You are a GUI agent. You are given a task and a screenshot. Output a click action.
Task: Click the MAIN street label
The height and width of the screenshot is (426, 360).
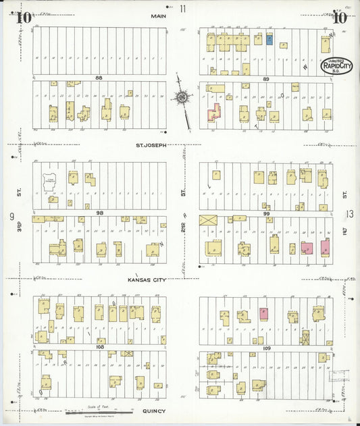[x=159, y=16]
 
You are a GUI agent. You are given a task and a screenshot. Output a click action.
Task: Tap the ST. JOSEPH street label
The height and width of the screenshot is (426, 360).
[x=151, y=144]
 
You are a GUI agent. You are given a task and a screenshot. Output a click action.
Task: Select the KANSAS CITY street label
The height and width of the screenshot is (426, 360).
[x=147, y=278]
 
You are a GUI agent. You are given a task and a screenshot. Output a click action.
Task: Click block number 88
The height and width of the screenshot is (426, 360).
[x=99, y=78]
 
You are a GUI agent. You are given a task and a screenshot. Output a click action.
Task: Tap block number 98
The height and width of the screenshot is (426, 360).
[x=99, y=213]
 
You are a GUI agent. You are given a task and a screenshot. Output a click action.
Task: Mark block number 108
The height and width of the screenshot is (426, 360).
[x=99, y=346]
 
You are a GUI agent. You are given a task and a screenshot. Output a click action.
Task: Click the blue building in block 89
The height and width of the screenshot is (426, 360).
[x=269, y=40]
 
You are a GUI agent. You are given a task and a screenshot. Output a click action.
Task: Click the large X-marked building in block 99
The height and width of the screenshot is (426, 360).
[x=207, y=220]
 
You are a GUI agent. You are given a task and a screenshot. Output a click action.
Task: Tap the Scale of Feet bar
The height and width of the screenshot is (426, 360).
[x=99, y=411]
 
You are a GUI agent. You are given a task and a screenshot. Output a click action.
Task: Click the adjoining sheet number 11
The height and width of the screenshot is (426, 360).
[x=183, y=8]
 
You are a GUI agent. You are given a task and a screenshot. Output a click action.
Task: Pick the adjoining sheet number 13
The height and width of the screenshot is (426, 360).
[x=349, y=215]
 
